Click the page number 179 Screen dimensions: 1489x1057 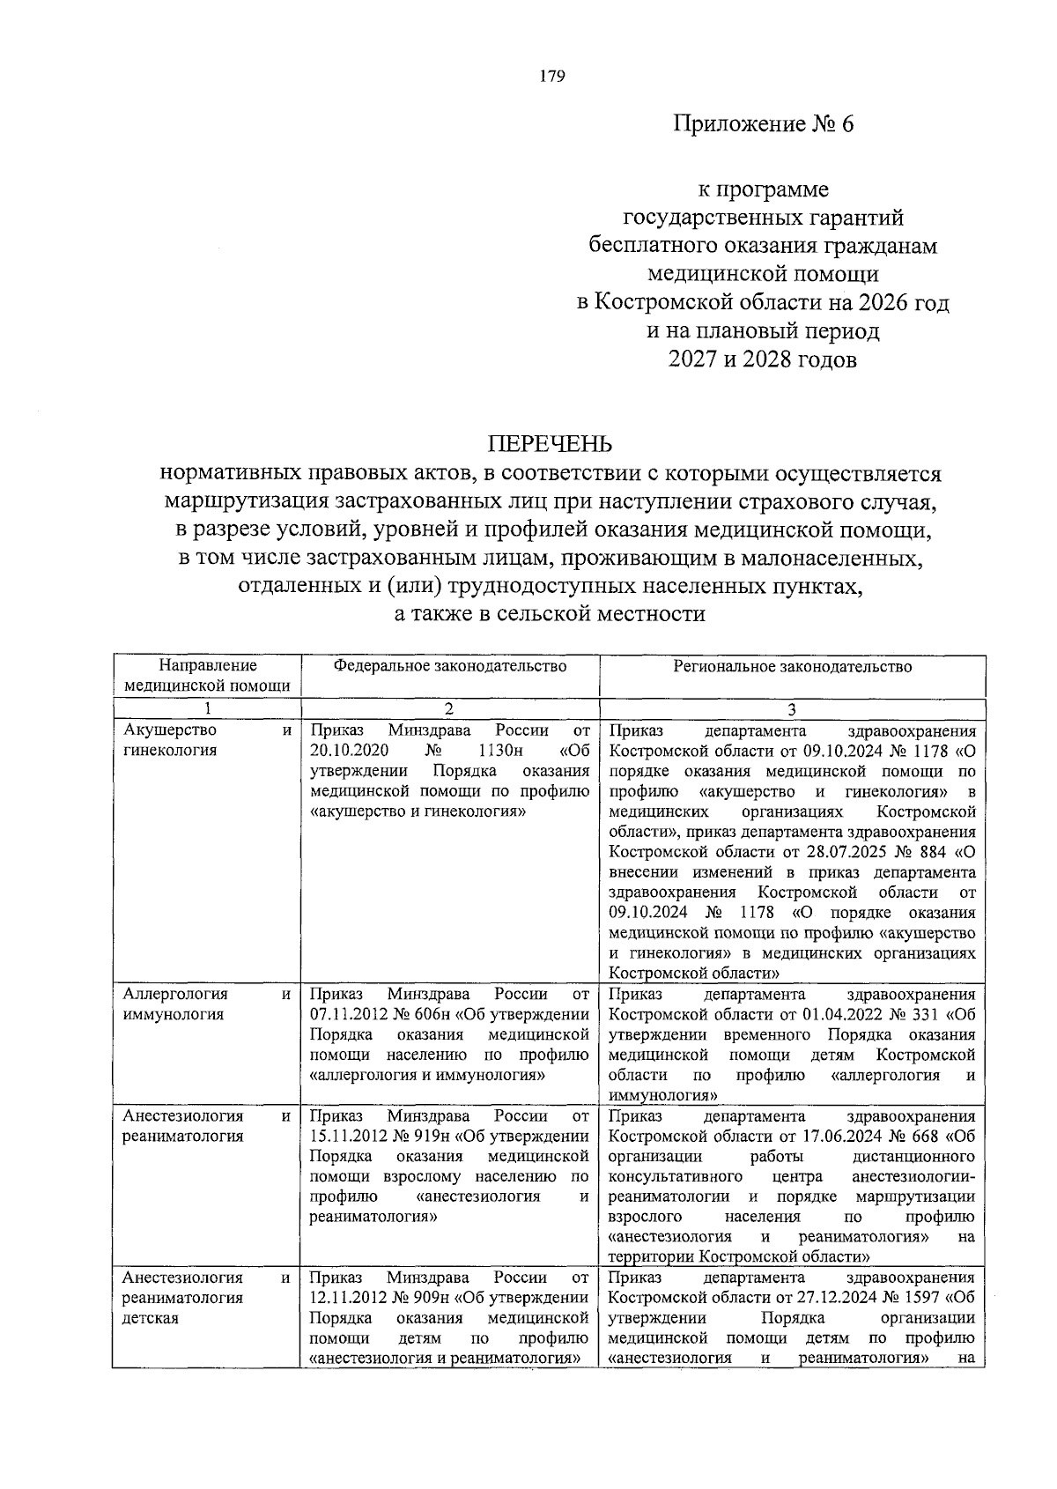tap(551, 76)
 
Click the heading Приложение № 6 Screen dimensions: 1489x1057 tap(764, 124)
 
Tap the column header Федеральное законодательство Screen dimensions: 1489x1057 tap(449, 666)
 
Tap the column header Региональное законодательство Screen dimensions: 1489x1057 tap(792, 666)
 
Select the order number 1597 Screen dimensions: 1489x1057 tap(919, 1298)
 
